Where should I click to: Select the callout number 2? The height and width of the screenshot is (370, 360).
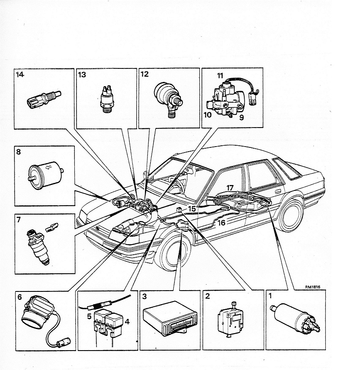(207, 296)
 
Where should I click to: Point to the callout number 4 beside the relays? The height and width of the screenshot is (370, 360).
(127, 321)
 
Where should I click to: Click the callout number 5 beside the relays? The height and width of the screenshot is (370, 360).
(89, 316)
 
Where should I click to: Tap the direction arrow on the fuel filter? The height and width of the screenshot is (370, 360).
(49, 168)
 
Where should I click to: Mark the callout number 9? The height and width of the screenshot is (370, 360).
(242, 117)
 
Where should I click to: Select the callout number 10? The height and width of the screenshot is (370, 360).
(207, 115)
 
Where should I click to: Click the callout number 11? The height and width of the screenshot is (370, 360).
(220, 76)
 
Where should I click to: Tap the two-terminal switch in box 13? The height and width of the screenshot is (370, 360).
(106, 99)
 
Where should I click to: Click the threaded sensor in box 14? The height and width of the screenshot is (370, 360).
(44, 100)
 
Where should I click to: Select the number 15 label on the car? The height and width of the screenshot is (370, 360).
(192, 209)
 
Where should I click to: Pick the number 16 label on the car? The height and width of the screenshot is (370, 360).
(221, 223)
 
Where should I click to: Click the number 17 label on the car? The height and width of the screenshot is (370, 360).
(230, 188)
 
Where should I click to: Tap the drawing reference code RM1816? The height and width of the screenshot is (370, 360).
(313, 287)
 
